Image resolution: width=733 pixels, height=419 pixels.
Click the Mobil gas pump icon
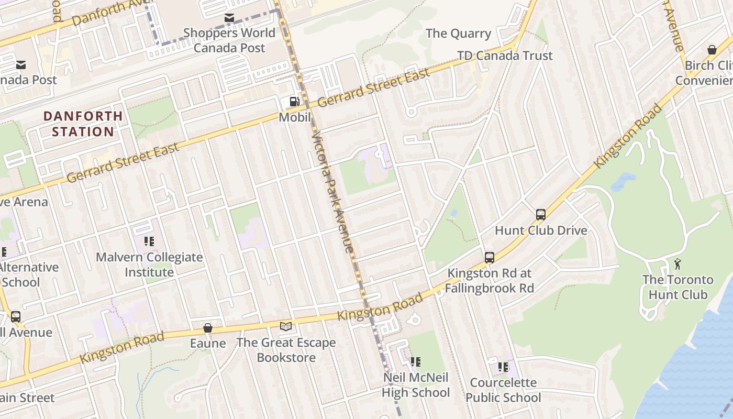click(x=295, y=102)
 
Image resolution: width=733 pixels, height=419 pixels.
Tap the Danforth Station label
click(x=83, y=124)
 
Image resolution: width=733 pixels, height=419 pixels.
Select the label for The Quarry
click(x=458, y=34)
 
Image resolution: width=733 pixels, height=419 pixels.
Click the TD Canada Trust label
click(x=505, y=56)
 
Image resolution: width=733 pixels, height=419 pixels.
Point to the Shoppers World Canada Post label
click(x=229, y=40)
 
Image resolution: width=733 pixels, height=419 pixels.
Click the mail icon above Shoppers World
click(x=229, y=18)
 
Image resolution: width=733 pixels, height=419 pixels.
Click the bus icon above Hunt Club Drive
click(x=541, y=214)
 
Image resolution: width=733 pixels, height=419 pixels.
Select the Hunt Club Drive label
click(x=541, y=230)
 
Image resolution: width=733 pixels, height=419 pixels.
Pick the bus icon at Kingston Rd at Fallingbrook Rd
click(x=490, y=257)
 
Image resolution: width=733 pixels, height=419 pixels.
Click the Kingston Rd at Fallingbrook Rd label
click(x=490, y=281)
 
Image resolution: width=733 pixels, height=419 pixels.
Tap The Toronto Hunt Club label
click(x=678, y=287)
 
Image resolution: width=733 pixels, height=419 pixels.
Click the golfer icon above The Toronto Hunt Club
click(x=678, y=264)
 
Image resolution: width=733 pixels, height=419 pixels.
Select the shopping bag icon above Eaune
click(x=208, y=328)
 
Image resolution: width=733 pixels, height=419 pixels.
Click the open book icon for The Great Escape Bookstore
click(x=286, y=327)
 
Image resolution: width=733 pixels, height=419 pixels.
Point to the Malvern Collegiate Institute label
click(x=149, y=264)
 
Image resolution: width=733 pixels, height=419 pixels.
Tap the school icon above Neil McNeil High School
click(x=416, y=361)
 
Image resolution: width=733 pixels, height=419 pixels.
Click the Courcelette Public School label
click(x=503, y=390)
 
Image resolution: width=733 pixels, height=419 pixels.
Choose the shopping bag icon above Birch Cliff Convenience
click(x=712, y=50)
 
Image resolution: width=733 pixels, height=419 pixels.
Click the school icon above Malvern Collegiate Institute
click(x=149, y=241)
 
